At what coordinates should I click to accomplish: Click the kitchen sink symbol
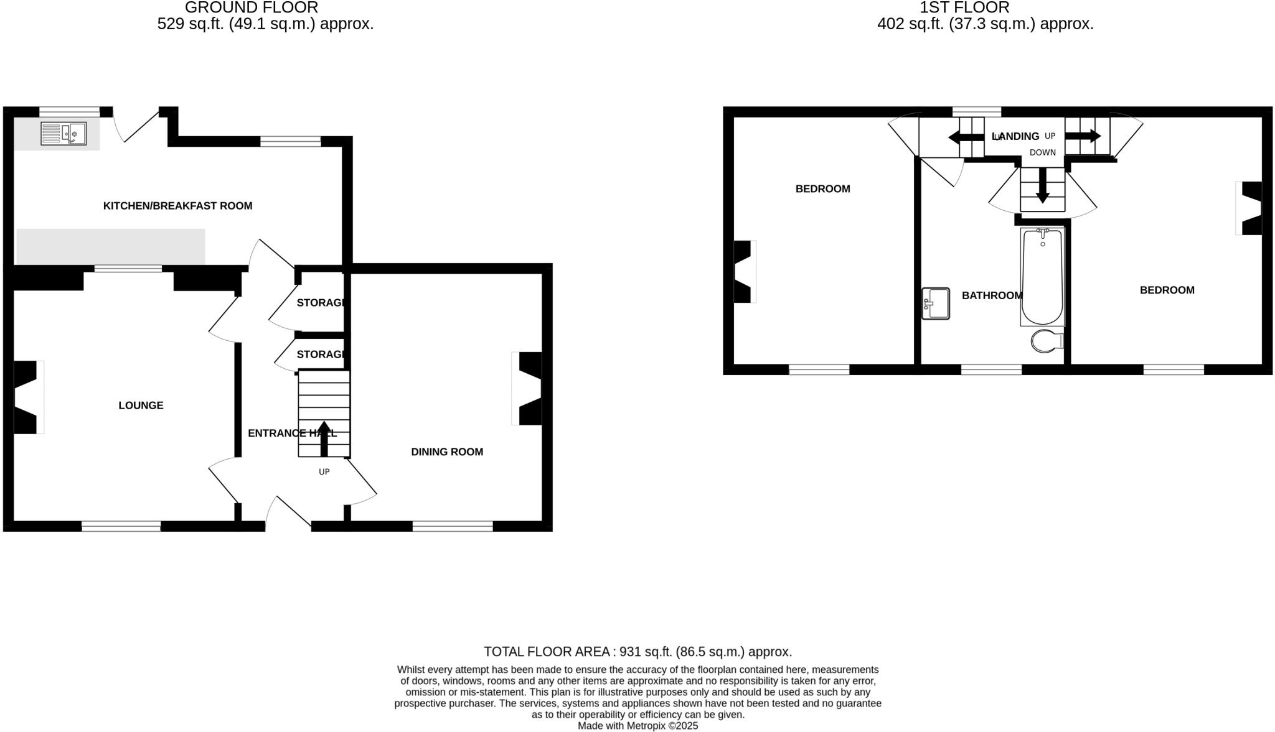pyautogui.click(x=63, y=134)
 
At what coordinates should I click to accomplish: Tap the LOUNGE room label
pyautogui.click(x=141, y=405)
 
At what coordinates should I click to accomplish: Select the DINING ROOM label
pyautogui.click(x=447, y=452)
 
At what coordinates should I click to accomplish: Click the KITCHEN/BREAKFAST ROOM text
pyautogui.click(x=177, y=206)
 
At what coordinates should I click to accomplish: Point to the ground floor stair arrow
pyautogui.click(x=324, y=438)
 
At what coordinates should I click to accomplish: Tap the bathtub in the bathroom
pyautogui.click(x=1042, y=277)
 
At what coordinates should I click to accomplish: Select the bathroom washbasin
pyautogui.click(x=936, y=303)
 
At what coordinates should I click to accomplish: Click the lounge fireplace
pyautogui.click(x=26, y=397)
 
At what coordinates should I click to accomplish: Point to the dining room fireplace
pyautogui.click(x=529, y=389)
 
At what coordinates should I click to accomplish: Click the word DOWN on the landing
pyautogui.click(x=1043, y=152)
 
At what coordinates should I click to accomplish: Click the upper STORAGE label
pyautogui.click(x=320, y=303)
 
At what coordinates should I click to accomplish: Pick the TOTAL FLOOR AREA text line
pyautogui.click(x=637, y=652)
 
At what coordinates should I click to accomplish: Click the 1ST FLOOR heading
pyautogui.click(x=964, y=8)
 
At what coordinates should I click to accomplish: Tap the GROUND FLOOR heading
pyautogui.click(x=251, y=8)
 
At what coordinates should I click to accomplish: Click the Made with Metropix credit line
pyautogui.click(x=637, y=726)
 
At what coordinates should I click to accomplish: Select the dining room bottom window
pyautogui.click(x=453, y=527)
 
